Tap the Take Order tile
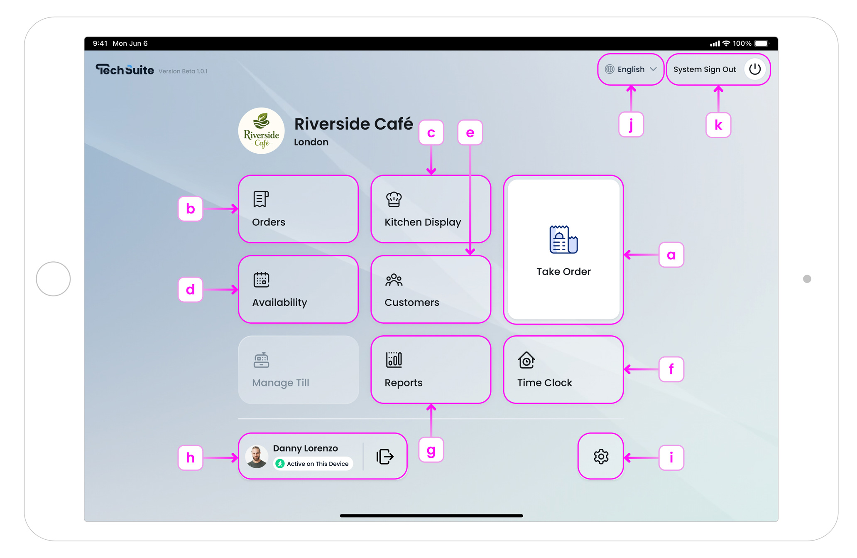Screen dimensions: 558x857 [x=563, y=249]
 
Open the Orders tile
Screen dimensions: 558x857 [x=298, y=209]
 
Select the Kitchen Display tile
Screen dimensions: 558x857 [x=431, y=209]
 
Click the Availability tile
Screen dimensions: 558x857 [x=298, y=289]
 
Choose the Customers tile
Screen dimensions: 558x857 [x=431, y=289]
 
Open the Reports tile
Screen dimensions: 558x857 [x=431, y=369]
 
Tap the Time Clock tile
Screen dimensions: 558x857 [x=563, y=369]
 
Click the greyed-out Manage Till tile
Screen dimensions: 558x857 [x=298, y=369]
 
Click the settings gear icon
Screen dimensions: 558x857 [x=600, y=456]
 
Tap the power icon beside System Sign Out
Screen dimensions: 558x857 [x=754, y=69]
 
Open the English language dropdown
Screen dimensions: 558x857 [x=631, y=69]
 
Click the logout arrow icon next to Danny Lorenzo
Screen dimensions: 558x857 [x=385, y=456]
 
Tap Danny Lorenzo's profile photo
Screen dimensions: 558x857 [x=257, y=456]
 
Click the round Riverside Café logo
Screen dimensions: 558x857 [x=261, y=131]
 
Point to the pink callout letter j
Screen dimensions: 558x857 [x=631, y=125]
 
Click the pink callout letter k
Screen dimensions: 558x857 [x=718, y=125]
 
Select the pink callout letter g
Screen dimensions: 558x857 [x=431, y=450]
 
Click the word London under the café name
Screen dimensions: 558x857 [x=311, y=142]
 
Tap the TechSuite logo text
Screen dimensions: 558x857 [x=125, y=70]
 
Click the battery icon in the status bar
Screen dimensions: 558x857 [x=762, y=44]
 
